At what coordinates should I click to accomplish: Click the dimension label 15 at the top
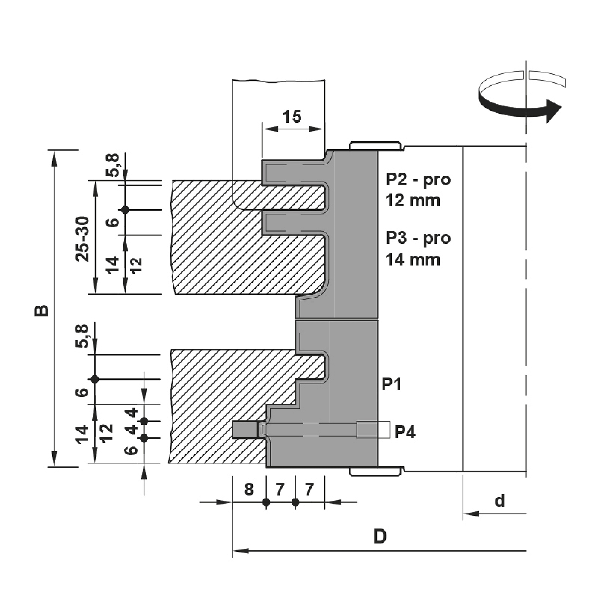pyautogui.click(x=292, y=117)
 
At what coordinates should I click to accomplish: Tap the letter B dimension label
pyautogui.click(x=42, y=310)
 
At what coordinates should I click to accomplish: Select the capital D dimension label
pyautogui.click(x=380, y=537)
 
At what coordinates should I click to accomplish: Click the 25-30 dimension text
pyautogui.click(x=83, y=239)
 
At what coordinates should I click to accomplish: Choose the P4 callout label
pyautogui.click(x=405, y=432)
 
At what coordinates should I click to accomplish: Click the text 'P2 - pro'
pyautogui.click(x=418, y=179)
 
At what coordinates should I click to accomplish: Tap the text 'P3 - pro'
pyautogui.click(x=418, y=238)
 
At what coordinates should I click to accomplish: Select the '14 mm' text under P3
pyautogui.click(x=413, y=259)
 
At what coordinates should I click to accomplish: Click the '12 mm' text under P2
pyautogui.click(x=413, y=201)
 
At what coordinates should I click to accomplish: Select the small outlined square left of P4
pyautogui.click(x=373, y=430)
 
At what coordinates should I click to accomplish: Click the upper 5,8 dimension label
pyautogui.click(x=113, y=166)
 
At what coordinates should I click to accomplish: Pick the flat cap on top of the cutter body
pyautogui.click(x=375, y=146)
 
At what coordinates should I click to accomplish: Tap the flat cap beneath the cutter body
pyautogui.click(x=375, y=472)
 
